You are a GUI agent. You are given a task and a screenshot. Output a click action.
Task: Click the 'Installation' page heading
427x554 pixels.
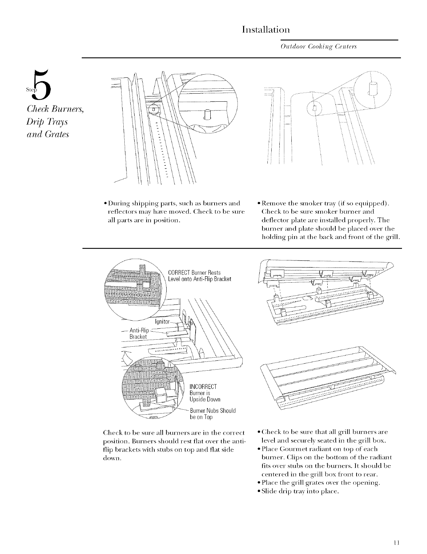click(x=266, y=29)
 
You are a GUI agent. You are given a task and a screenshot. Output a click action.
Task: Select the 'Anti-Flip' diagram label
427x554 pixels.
click(x=140, y=330)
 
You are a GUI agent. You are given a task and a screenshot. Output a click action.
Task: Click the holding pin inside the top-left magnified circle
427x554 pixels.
click(x=207, y=114)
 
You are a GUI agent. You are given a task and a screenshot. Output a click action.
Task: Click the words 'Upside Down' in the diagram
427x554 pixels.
click(x=205, y=399)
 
